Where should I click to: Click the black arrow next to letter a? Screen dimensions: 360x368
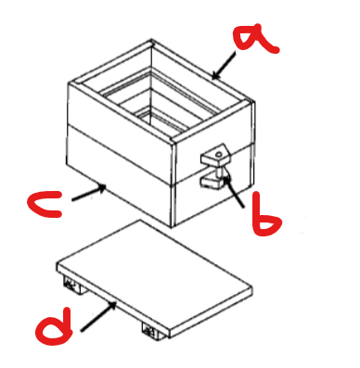[224, 66]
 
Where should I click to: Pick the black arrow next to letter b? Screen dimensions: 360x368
[234, 190]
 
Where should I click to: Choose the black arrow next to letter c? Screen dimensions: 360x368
[89, 193]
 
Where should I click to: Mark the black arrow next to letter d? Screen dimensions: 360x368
[99, 317]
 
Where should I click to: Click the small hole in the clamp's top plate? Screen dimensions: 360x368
[219, 154]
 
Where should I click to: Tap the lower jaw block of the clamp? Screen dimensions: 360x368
[211, 182]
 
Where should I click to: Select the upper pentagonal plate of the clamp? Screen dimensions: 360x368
[216, 156]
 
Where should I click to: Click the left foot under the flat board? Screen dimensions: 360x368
[73, 285]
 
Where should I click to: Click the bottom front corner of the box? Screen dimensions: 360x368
[172, 228]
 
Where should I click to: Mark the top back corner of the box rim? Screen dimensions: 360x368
[151, 40]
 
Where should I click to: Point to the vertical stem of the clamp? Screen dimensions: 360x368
[220, 172]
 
